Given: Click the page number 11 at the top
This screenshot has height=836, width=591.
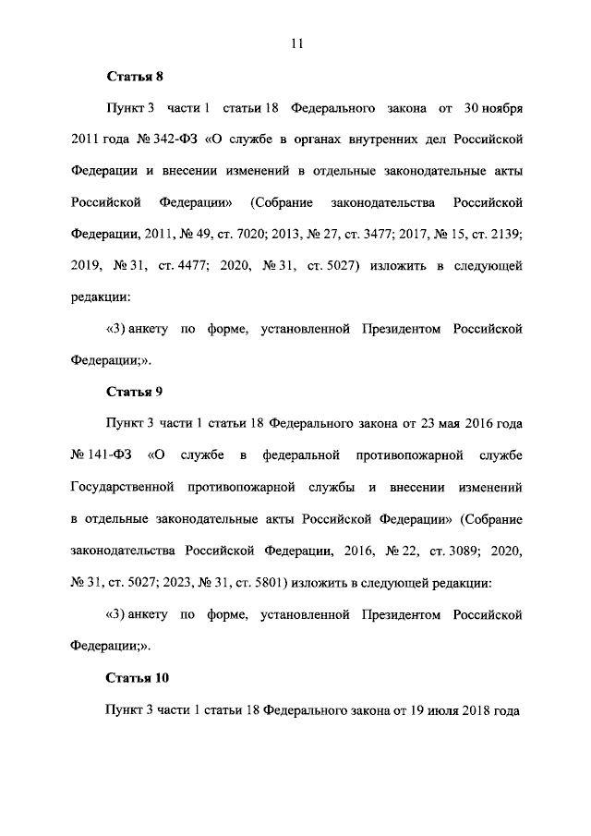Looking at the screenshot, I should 296,42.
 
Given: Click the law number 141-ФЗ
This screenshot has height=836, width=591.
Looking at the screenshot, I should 107,455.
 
